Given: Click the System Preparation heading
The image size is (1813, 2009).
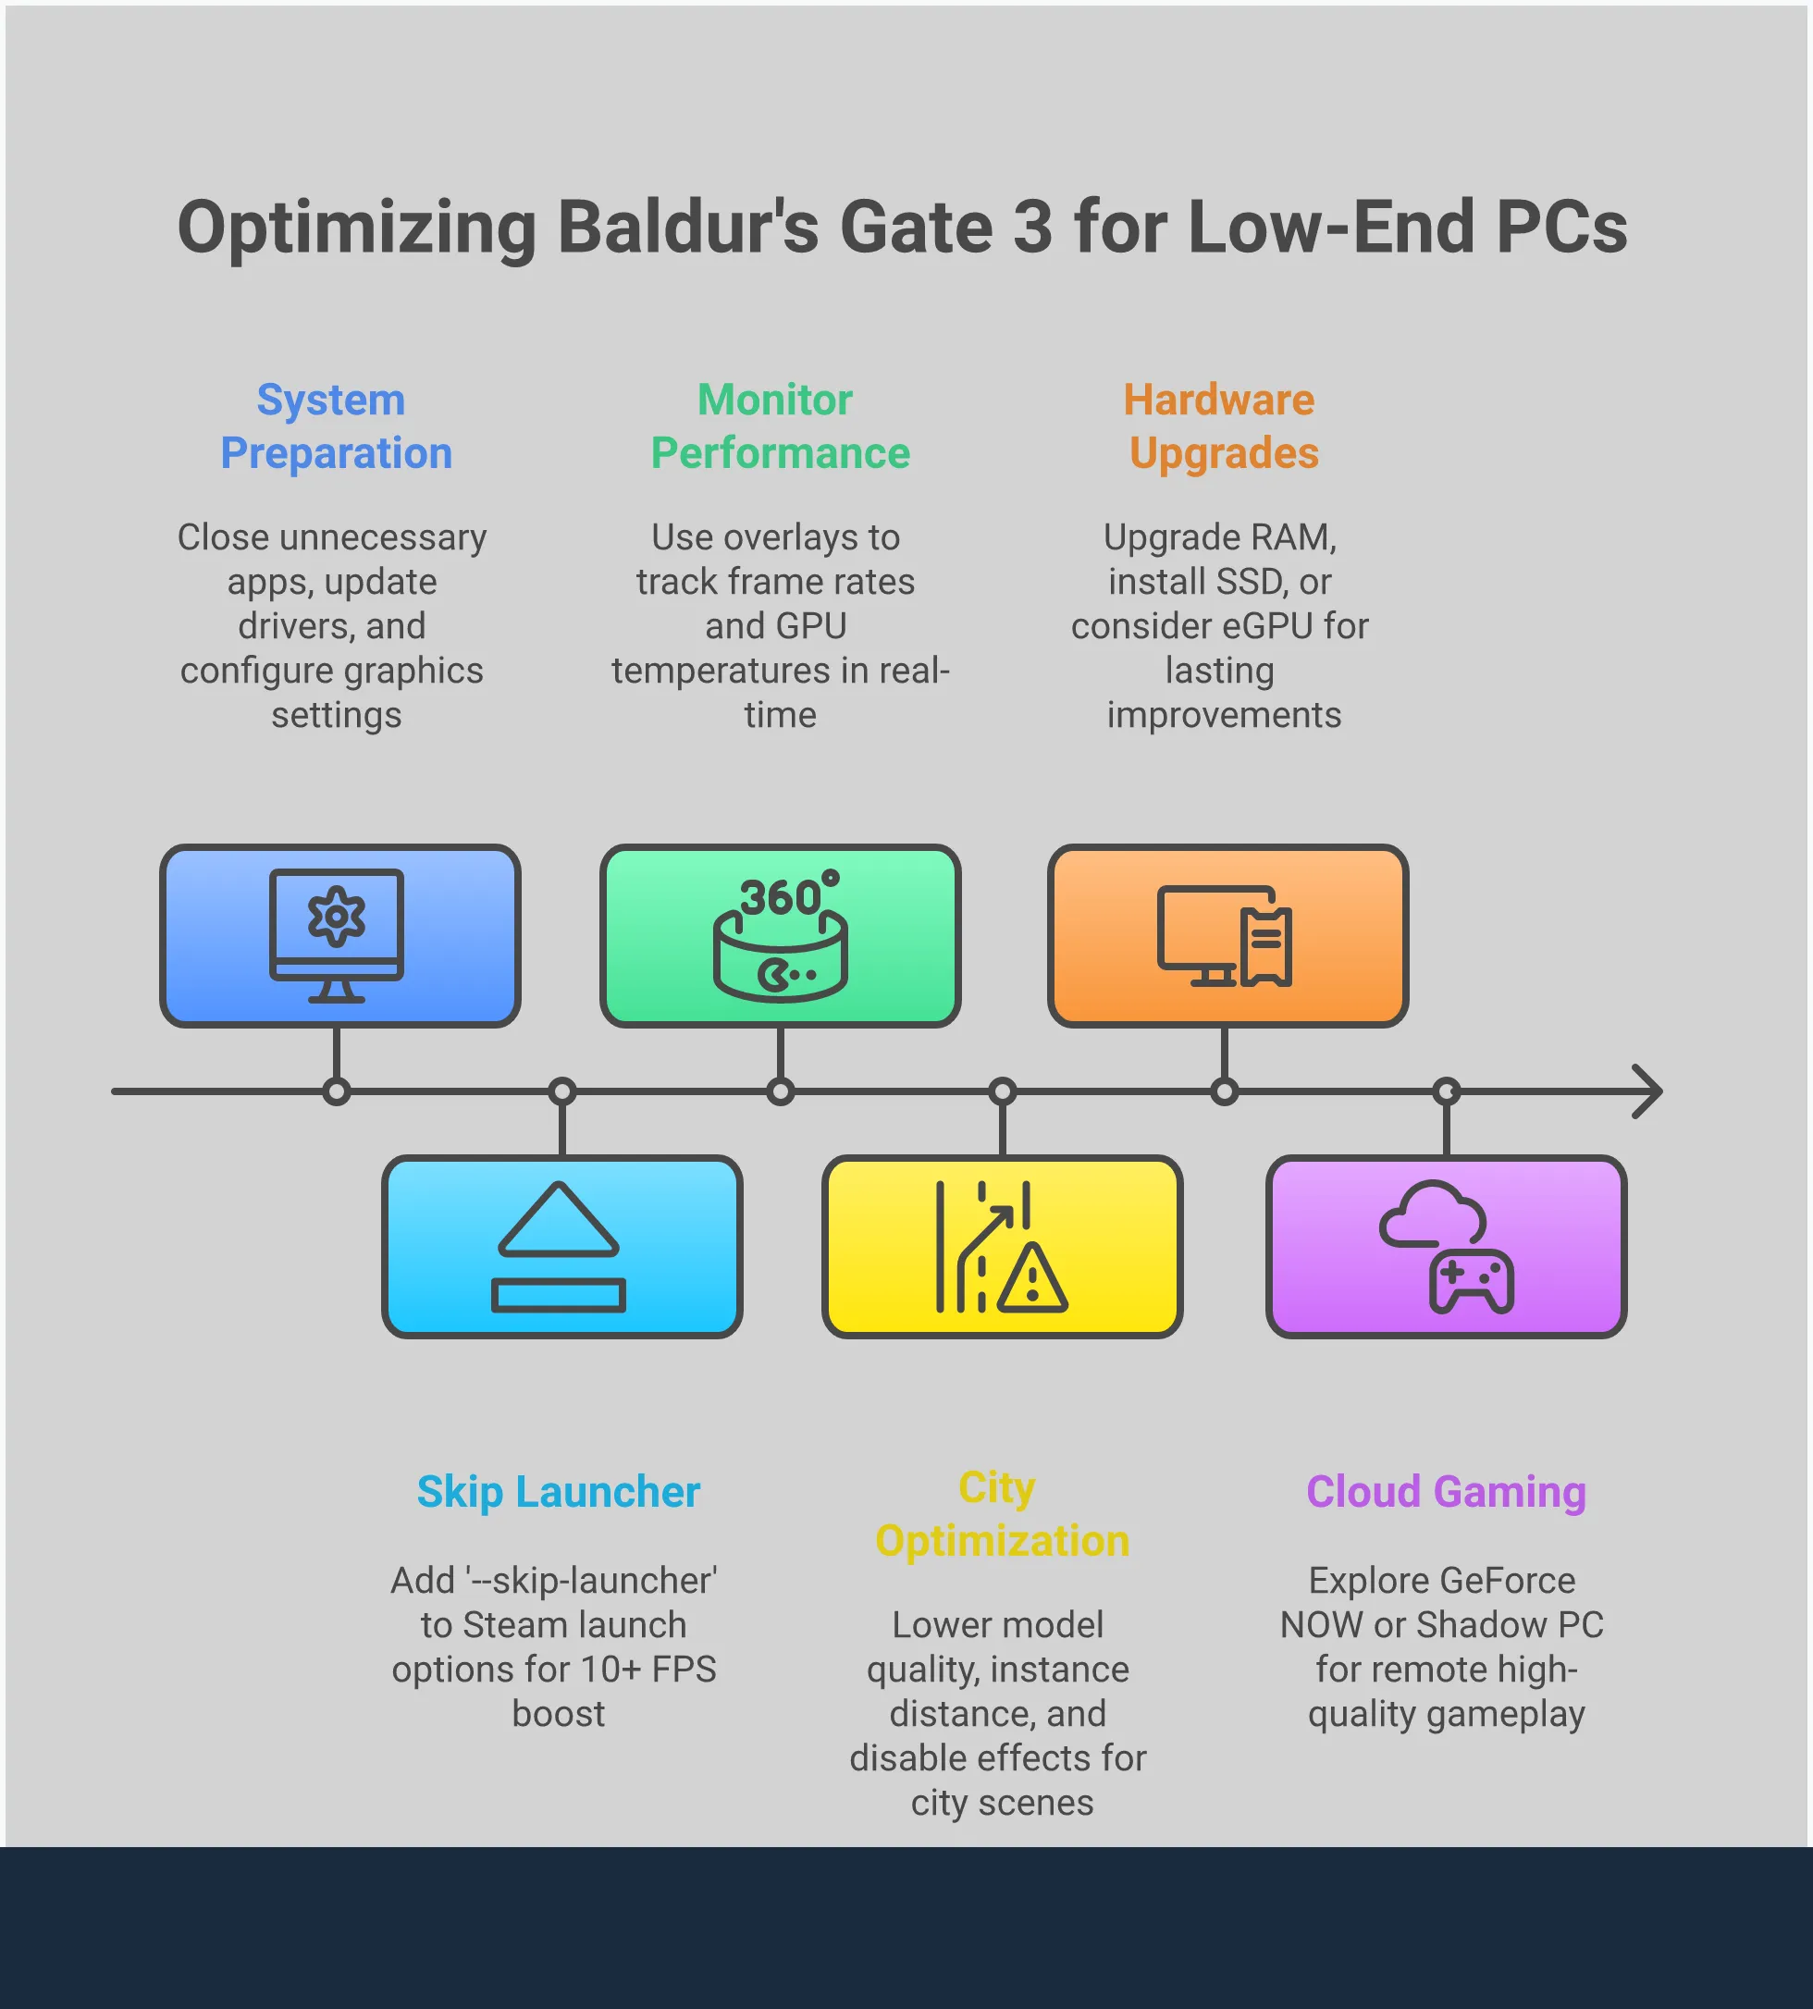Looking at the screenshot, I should point(336,426).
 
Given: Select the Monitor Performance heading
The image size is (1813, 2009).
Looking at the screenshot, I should point(779,426).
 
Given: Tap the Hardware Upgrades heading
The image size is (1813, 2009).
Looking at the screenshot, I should point(1222,426).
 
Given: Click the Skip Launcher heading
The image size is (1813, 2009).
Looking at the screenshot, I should point(558,1492).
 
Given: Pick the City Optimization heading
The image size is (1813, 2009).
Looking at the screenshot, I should point(1000,1514).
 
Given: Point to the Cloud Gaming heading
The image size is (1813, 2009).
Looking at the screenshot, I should point(1446,1492).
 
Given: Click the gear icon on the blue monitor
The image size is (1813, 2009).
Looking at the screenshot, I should point(336,916).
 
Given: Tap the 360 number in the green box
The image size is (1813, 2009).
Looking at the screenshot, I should point(780,898).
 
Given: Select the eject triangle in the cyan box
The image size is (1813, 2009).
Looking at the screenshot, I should point(559,1219).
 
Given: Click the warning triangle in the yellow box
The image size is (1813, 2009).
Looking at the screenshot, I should point(1032,1278).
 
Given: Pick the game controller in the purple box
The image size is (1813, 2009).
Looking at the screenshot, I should point(1472,1282).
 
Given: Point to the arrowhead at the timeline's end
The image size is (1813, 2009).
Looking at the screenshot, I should point(1647,1091).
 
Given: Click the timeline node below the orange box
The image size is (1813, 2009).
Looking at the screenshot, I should point(1225,1091).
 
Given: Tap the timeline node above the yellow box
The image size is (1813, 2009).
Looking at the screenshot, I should point(1002,1091).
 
